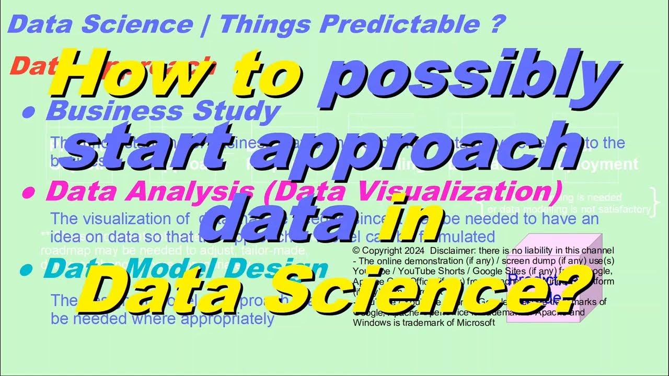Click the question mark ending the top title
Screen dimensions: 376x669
click(497, 24)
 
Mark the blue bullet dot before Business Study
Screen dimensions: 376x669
click(30, 113)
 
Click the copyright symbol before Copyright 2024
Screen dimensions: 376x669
click(357, 250)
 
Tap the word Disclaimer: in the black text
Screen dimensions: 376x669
click(453, 250)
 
